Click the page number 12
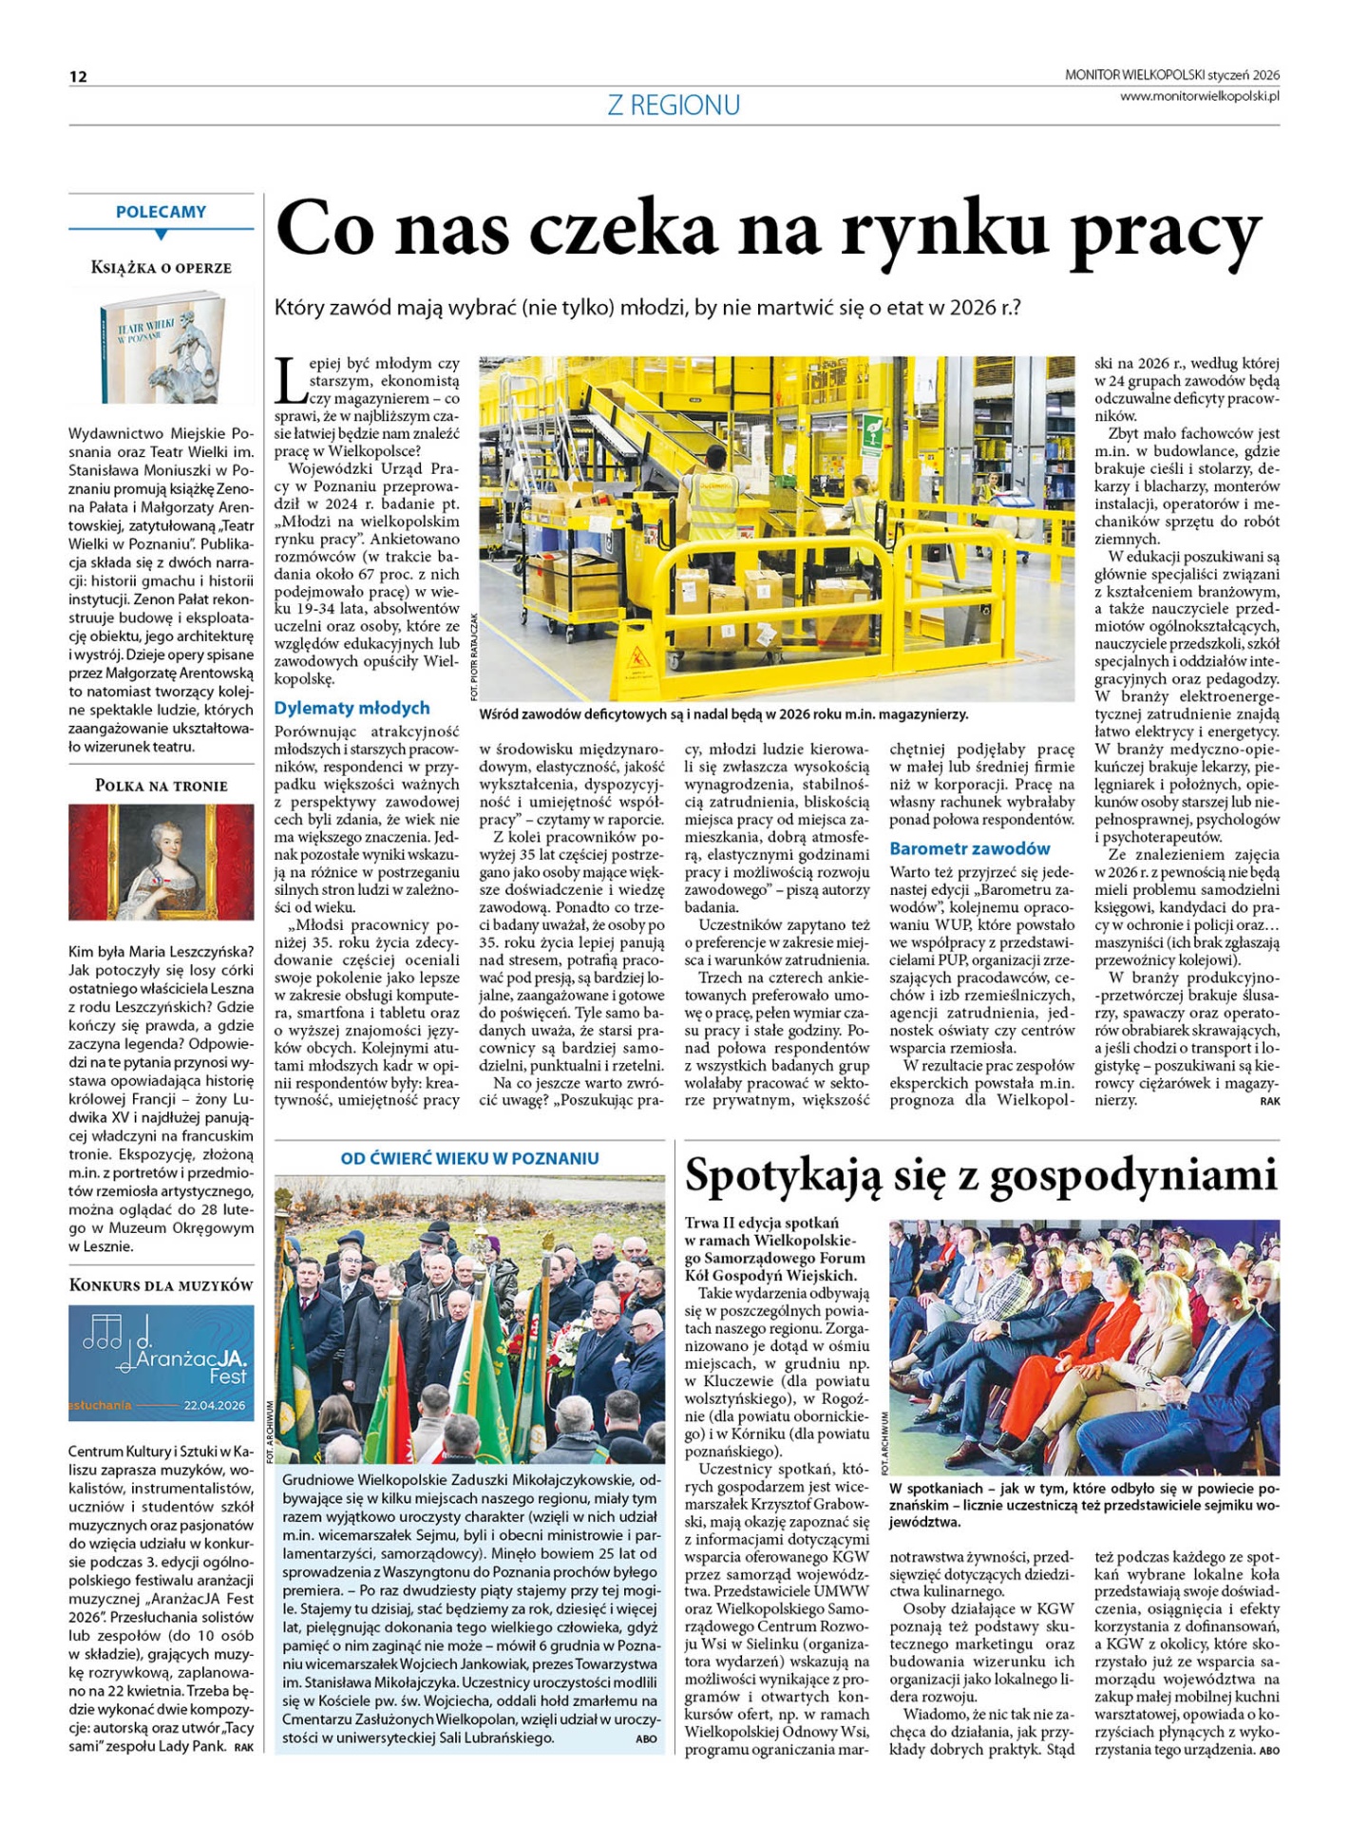pyautogui.click(x=78, y=77)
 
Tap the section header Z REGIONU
pyautogui.click(x=674, y=105)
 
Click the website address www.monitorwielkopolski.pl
pyautogui.click(x=1199, y=96)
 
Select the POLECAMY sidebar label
pyautogui.click(x=161, y=212)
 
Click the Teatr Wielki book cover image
pyautogui.click(x=161, y=348)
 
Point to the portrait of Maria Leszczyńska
pyautogui.click(x=161, y=862)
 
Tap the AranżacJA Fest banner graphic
pyautogui.click(x=161, y=1362)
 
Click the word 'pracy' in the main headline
pyautogui.click(x=1166, y=231)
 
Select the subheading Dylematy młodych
pyautogui.click(x=351, y=708)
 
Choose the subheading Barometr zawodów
pyautogui.click(x=969, y=848)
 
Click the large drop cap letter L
pyautogui.click(x=291, y=379)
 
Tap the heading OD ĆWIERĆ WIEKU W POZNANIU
pyautogui.click(x=469, y=1158)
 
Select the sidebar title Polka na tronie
pyautogui.click(x=161, y=786)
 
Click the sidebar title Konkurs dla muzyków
pyautogui.click(x=161, y=1285)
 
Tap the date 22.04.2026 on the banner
pyautogui.click(x=214, y=1405)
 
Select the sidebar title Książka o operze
pyautogui.click(x=161, y=268)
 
